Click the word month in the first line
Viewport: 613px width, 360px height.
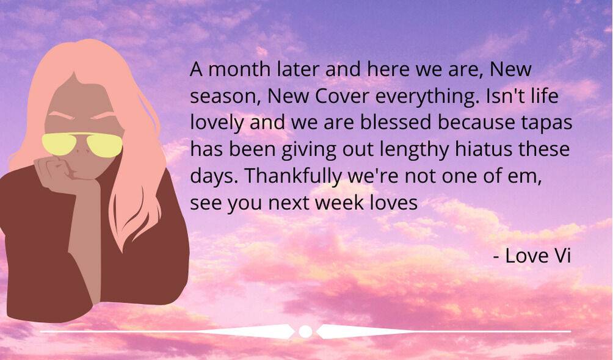point(239,69)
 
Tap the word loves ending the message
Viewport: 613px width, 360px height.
point(394,203)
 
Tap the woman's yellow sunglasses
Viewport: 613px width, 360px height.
point(82,145)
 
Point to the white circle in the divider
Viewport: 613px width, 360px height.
point(305,331)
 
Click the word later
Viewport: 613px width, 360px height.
point(298,69)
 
